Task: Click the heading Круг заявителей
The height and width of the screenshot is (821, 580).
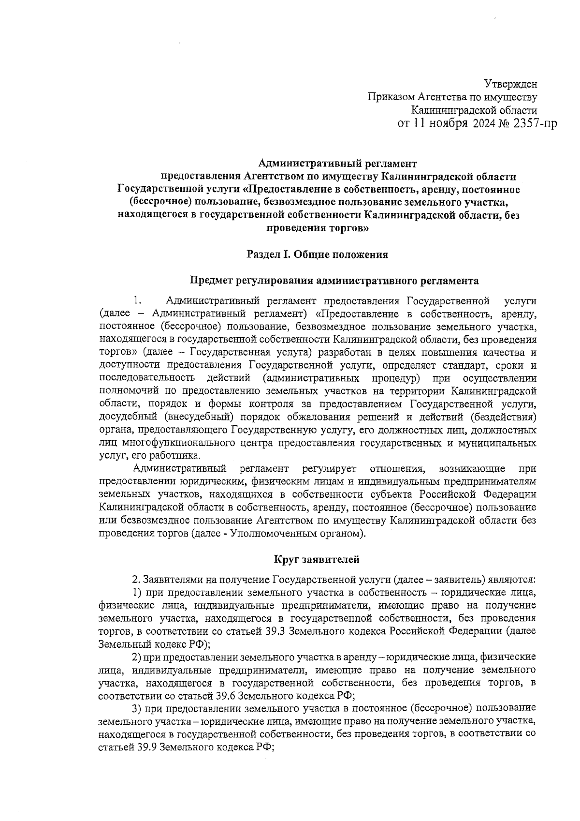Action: pyautogui.click(x=317, y=560)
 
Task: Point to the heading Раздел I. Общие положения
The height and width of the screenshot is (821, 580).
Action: pyautogui.click(x=317, y=254)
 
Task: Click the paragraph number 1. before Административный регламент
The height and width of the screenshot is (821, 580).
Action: pyautogui.click(x=137, y=301)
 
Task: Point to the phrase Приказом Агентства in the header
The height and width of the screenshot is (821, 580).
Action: pyautogui.click(x=401, y=98)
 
